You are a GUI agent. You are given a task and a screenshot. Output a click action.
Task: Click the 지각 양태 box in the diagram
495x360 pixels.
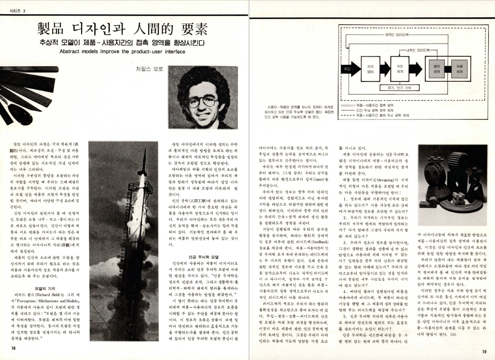tap(370, 69)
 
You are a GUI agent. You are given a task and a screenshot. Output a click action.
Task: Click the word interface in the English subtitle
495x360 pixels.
tap(173, 51)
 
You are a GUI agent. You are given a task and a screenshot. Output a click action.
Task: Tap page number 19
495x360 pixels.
tap(484, 351)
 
